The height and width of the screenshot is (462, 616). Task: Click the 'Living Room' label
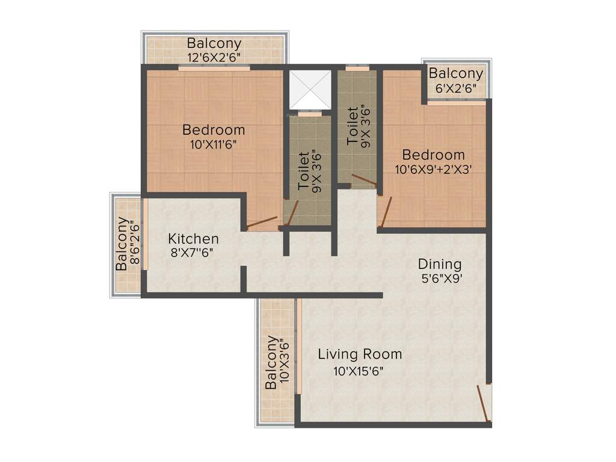point(360,354)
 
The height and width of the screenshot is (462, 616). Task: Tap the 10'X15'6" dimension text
point(359,371)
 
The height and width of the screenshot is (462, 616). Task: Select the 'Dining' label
point(440,264)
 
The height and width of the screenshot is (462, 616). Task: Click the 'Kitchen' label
point(193,238)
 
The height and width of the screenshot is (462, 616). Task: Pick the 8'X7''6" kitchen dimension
point(192,253)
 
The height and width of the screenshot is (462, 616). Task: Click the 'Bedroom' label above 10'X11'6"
point(214,130)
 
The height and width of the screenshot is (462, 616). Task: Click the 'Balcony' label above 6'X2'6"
point(455,73)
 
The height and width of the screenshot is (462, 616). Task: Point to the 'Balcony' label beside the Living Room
point(272,362)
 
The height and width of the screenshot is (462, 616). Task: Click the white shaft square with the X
point(310,89)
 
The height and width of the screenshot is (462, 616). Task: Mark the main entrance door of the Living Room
point(483,403)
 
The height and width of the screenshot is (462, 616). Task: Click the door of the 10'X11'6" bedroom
point(262,222)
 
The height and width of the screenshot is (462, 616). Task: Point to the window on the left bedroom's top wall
point(214,68)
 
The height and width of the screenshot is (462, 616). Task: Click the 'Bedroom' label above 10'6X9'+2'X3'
point(434,155)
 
